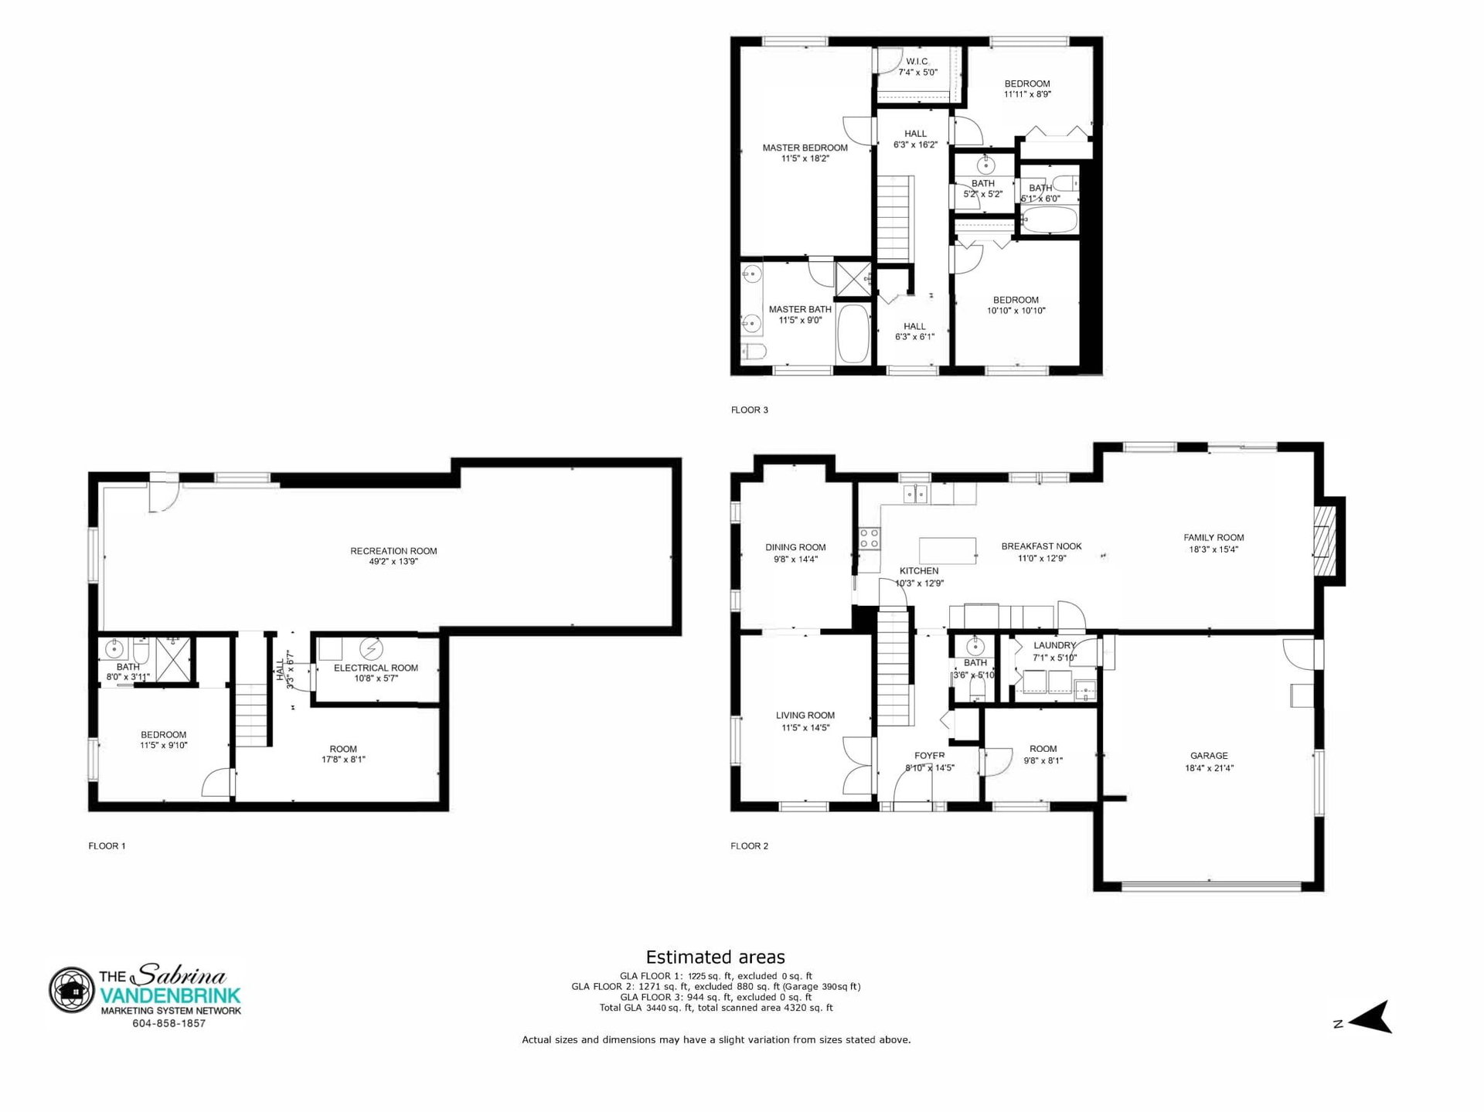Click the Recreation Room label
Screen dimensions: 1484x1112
point(393,551)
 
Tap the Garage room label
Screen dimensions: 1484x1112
point(1209,756)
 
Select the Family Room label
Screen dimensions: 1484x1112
point(1213,538)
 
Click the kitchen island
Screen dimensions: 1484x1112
point(948,550)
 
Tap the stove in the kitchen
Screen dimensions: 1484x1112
point(870,538)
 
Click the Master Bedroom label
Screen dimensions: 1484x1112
point(805,148)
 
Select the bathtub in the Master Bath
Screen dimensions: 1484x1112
point(854,334)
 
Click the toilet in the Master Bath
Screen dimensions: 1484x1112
point(754,353)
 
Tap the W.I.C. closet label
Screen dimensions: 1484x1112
point(917,62)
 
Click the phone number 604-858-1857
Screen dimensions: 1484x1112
point(168,1024)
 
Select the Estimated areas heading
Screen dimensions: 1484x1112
point(716,957)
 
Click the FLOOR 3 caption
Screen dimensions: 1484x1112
point(750,410)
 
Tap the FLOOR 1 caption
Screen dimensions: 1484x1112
point(107,845)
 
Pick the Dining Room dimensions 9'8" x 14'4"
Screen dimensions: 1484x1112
point(795,559)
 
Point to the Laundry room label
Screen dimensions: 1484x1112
point(1054,645)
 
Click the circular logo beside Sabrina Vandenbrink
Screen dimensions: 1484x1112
point(72,990)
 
